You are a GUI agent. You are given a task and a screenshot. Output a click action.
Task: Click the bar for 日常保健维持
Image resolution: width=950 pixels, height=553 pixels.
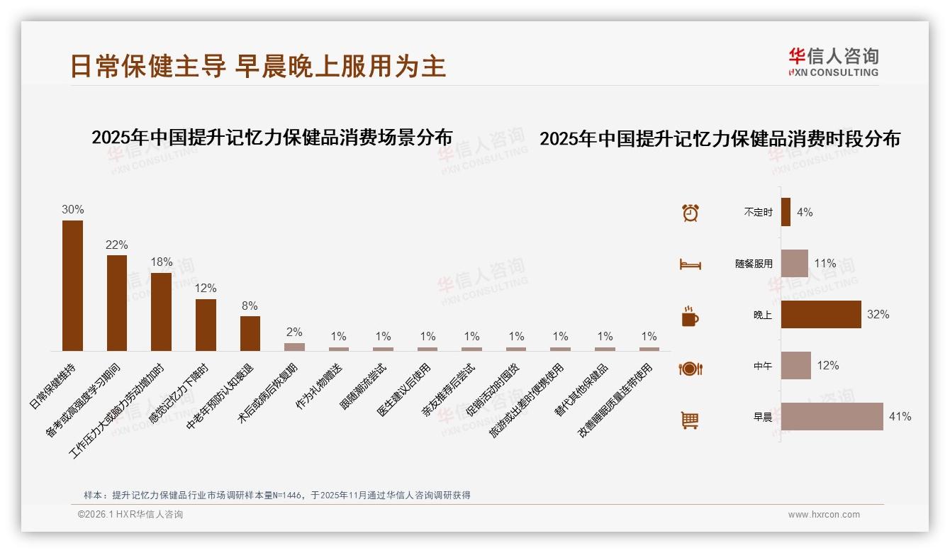coord(72,286)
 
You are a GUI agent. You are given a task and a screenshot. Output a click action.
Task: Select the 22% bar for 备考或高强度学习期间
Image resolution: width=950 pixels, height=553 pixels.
coord(117,303)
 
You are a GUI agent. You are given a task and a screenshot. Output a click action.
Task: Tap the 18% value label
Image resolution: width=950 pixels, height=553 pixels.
coord(162,262)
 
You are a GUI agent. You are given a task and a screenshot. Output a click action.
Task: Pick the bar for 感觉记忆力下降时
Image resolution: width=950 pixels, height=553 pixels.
coord(206,325)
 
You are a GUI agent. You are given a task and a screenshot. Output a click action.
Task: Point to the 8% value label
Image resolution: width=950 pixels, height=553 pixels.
coord(250,306)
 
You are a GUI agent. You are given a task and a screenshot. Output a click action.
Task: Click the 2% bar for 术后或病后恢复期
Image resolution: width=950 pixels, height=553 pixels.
coord(294,347)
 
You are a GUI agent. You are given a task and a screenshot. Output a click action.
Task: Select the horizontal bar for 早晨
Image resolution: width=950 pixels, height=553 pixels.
coord(832,417)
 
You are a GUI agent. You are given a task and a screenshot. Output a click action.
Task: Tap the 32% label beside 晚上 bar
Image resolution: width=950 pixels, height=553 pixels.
coord(878,314)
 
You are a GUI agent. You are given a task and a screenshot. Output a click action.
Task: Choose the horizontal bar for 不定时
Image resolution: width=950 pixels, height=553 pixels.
coord(786,212)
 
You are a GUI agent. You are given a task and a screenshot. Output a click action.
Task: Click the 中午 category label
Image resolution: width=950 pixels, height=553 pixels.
coord(763,366)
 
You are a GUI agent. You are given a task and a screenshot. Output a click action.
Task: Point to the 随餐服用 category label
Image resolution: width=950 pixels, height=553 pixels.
coord(754,264)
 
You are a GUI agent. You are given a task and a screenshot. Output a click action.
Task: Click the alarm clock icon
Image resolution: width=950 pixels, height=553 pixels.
coord(691,213)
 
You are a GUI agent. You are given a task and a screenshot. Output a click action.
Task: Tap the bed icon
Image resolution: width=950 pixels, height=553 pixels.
coord(691,264)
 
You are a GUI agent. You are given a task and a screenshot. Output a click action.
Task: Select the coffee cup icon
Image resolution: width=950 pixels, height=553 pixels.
coord(690,316)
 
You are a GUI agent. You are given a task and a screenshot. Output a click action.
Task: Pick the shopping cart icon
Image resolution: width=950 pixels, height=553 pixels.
coord(690,420)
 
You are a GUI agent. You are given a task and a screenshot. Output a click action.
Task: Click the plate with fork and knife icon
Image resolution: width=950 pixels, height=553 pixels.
coord(691,368)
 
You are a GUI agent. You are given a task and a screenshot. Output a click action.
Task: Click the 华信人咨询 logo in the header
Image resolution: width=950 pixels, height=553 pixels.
coord(833,62)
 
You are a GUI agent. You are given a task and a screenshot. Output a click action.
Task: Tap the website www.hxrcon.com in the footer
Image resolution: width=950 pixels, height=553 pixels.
coord(824,515)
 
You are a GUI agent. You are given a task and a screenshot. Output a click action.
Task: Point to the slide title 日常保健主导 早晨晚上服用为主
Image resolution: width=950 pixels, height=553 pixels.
coord(258,65)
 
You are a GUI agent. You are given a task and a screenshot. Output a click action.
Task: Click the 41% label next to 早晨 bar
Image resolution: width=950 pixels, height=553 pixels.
coord(900,417)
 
